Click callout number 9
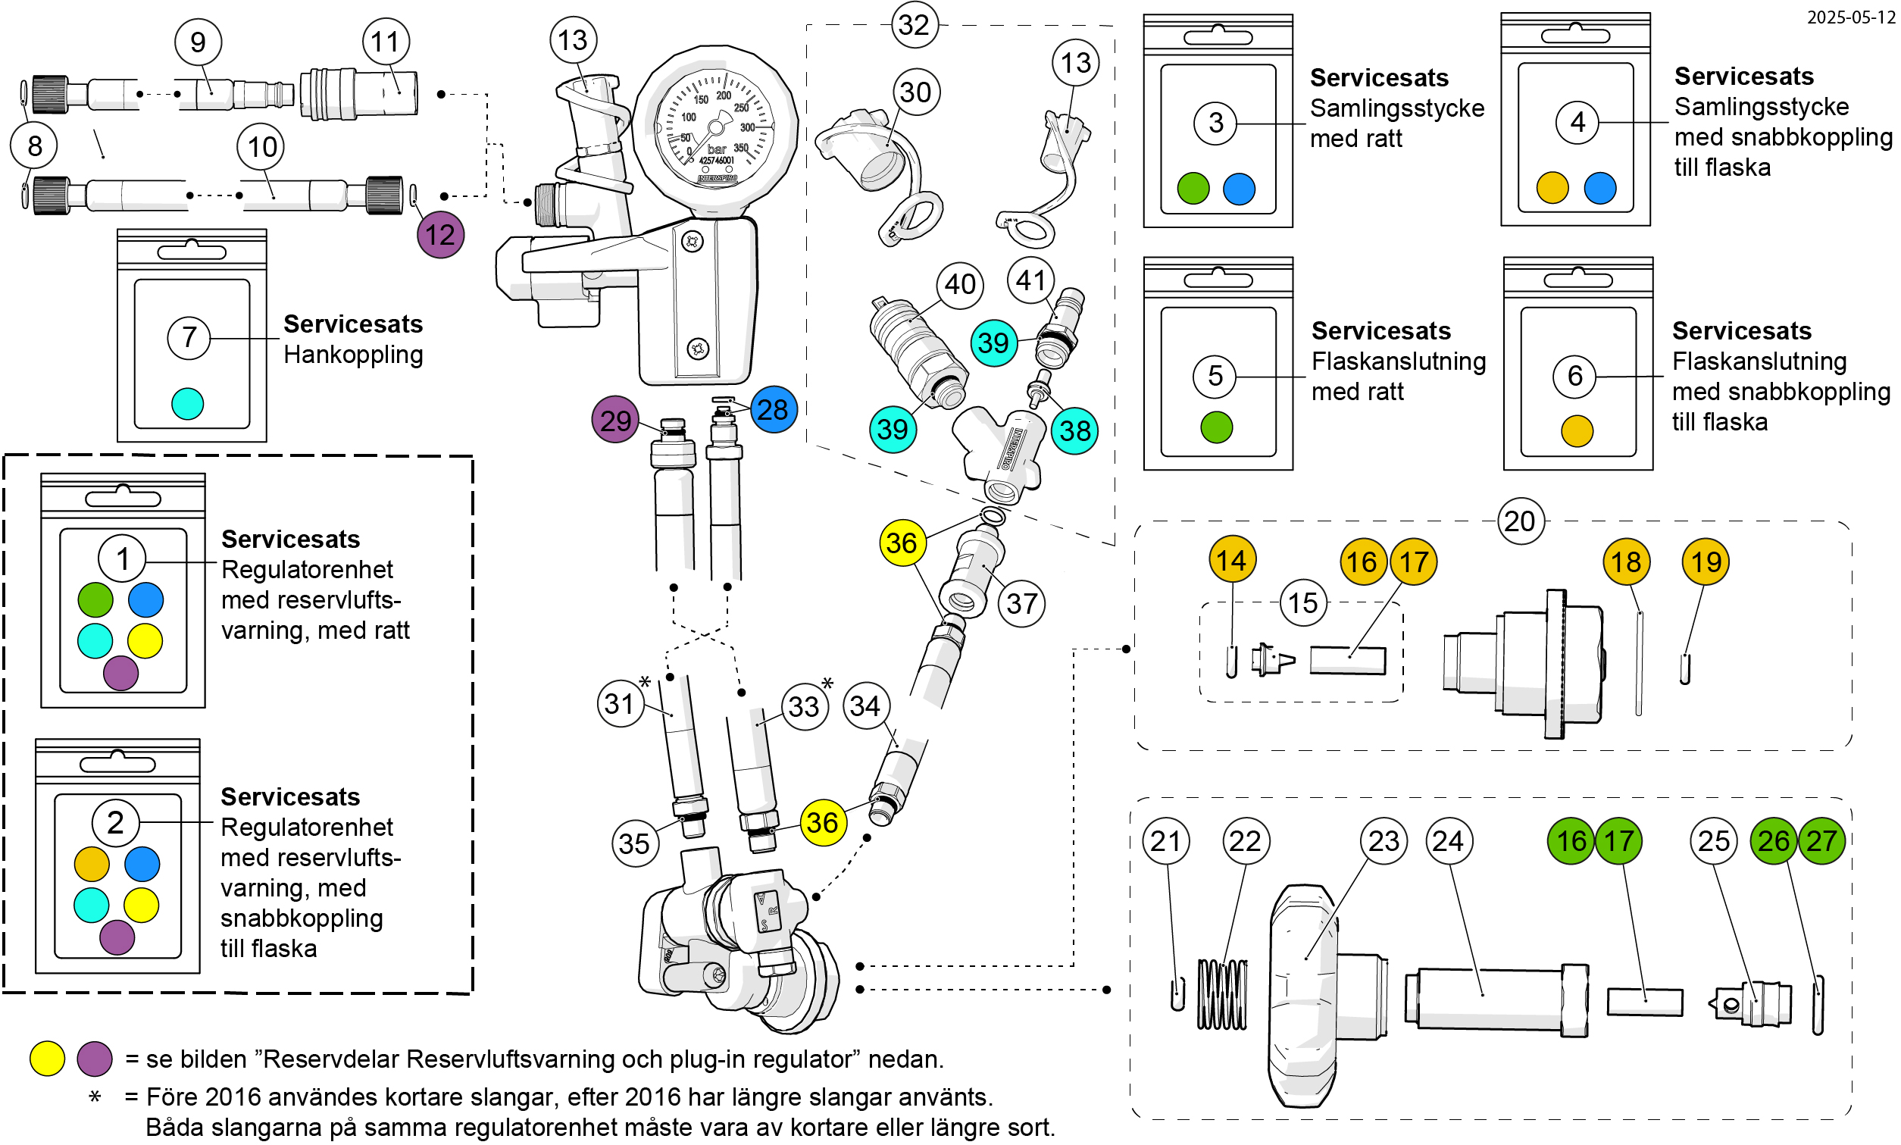coord(199,42)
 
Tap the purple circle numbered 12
coord(440,235)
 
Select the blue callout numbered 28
coord(773,410)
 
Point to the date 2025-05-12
coord(1851,17)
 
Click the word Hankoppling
coord(353,355)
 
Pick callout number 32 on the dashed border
coord(915,25)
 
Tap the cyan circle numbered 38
coord(1074,430)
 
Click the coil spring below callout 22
coord(1222,994)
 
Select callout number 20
coord(1520,521)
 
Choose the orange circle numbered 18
coord(1626,562)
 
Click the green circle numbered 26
coord(1774,841)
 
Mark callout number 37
coord(1021,603)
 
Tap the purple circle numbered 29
coord(616,421)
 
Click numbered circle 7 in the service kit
coord(189,337)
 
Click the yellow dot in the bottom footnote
coord(47,1059)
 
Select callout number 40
coord(960,285)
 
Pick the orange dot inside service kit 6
coord(1577,431)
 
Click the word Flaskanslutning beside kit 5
coord(1399,361)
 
